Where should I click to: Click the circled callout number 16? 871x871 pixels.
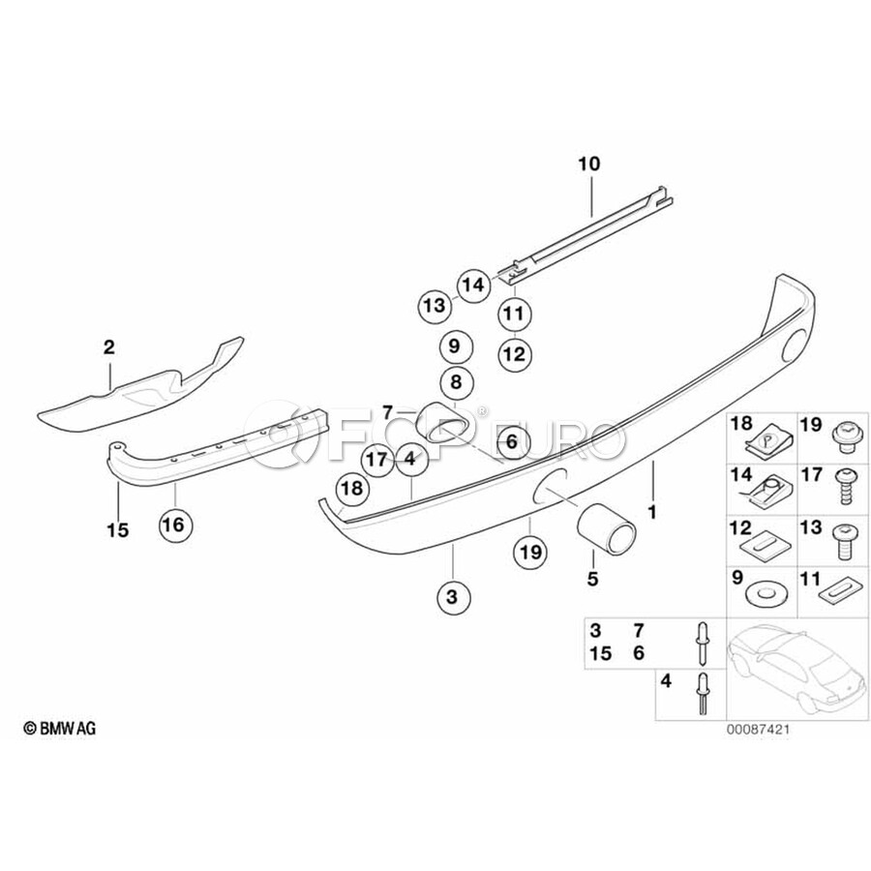[175, 524]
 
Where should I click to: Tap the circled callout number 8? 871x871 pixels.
[456, 382]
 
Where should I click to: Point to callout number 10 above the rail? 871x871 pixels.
[589, 164]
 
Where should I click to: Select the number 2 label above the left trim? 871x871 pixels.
[109, 347]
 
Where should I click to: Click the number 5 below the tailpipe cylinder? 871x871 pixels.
[592, 579]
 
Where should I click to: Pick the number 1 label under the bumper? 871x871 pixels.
[652, 512]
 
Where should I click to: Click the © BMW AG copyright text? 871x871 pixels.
[60, 728]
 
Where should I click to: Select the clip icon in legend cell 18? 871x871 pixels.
[761, 445]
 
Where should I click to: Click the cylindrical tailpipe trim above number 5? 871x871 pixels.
[606, 529]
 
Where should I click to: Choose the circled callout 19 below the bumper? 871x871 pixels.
[530, 553]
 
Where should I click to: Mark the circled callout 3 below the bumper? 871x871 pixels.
[453, 596]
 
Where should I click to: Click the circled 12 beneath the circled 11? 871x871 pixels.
[515, 354]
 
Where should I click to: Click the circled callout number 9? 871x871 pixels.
[456, 346]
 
